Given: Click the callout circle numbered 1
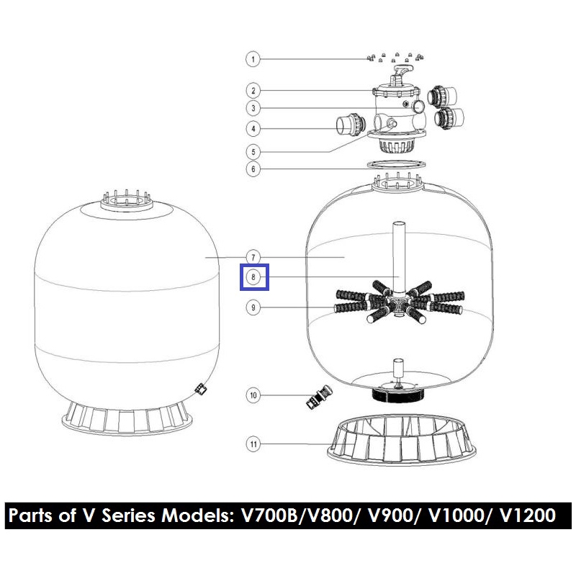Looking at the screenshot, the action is (253, 59).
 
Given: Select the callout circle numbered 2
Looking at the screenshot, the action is (253, 91).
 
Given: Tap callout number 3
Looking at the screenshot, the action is (253, 108).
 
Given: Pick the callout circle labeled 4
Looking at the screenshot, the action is (253, 129).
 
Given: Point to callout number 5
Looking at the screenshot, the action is (253, 152).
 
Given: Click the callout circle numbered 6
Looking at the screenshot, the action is (253, 169).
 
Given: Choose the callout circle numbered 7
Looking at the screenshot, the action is (253, 258).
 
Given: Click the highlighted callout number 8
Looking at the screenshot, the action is (253, 277).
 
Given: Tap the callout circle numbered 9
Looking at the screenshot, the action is (253, 307).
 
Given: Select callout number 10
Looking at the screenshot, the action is (253, 395).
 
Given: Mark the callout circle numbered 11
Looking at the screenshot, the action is (253, 444).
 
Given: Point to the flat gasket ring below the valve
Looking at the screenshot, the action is (397, 164).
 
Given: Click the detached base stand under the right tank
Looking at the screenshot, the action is (402, 439).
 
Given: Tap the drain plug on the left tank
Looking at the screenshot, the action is (201, 389).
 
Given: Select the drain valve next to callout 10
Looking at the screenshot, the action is (319, 397).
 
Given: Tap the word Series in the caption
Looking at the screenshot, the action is (129, 515).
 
